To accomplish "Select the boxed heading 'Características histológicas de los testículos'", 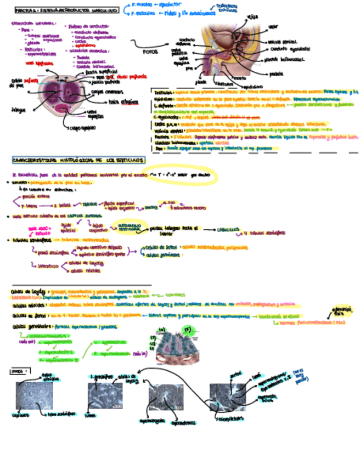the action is point(78,160).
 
